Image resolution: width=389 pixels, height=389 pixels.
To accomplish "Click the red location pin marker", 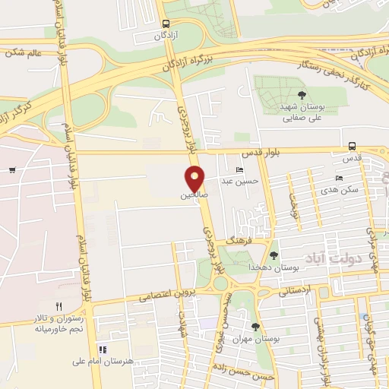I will click(x=196, y=178).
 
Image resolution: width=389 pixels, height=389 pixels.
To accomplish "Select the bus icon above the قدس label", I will click(x=352, y=146).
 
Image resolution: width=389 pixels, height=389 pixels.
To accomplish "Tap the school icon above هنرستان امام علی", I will click(x=101, y=350).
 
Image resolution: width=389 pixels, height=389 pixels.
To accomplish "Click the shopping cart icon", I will click(x=12, y=169).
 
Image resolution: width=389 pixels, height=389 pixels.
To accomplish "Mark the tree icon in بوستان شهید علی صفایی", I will click(x=302, y=95).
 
